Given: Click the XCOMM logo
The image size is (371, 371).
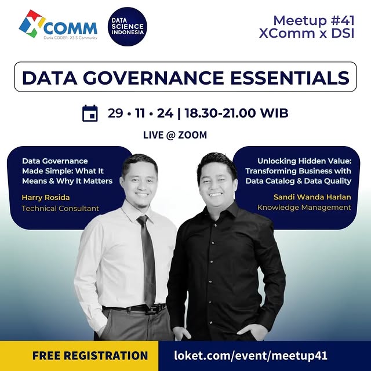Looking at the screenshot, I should tap(58, 26).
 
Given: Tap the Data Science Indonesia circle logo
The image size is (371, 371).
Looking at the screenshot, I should tap(127, 26).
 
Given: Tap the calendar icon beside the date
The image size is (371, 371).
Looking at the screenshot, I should tap(90, 113).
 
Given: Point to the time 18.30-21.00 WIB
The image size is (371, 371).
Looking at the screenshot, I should tap(235, 113).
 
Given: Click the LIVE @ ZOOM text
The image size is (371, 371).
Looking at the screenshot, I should tap(175, 135).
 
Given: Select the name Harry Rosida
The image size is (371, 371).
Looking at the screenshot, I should tap(45, 198).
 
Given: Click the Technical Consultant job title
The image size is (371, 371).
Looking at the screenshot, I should tap(60, 208).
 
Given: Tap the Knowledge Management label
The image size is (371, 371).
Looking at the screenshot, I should tap(304, 208).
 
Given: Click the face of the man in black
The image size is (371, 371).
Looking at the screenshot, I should tap(216, 180).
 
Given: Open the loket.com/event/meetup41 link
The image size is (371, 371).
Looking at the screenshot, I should tap(251, 355).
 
